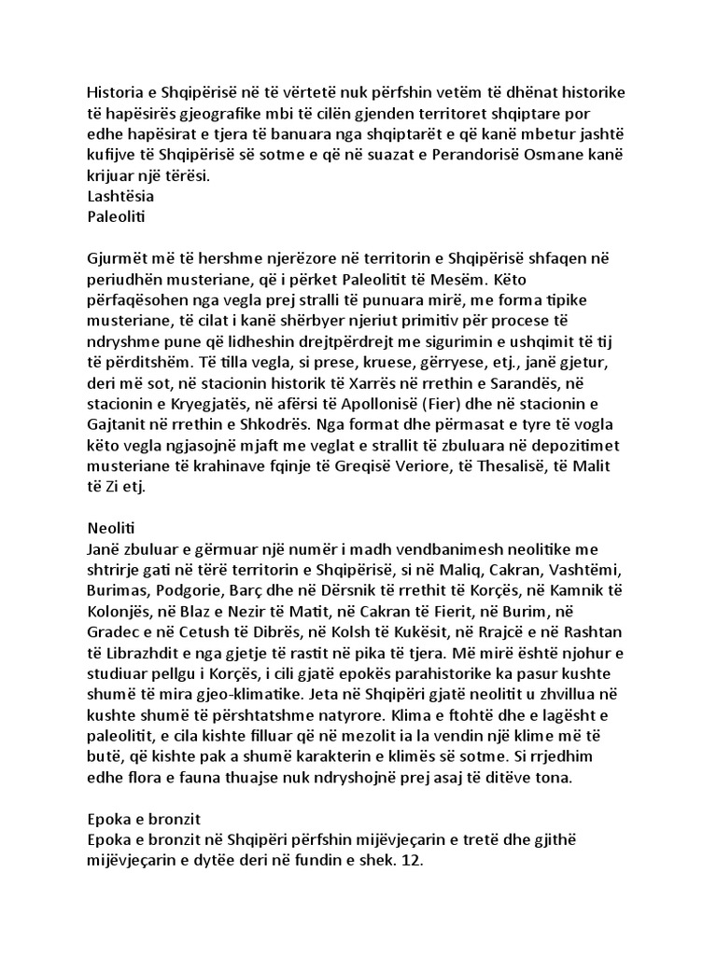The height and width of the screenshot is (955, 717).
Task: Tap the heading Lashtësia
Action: (120, 197)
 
